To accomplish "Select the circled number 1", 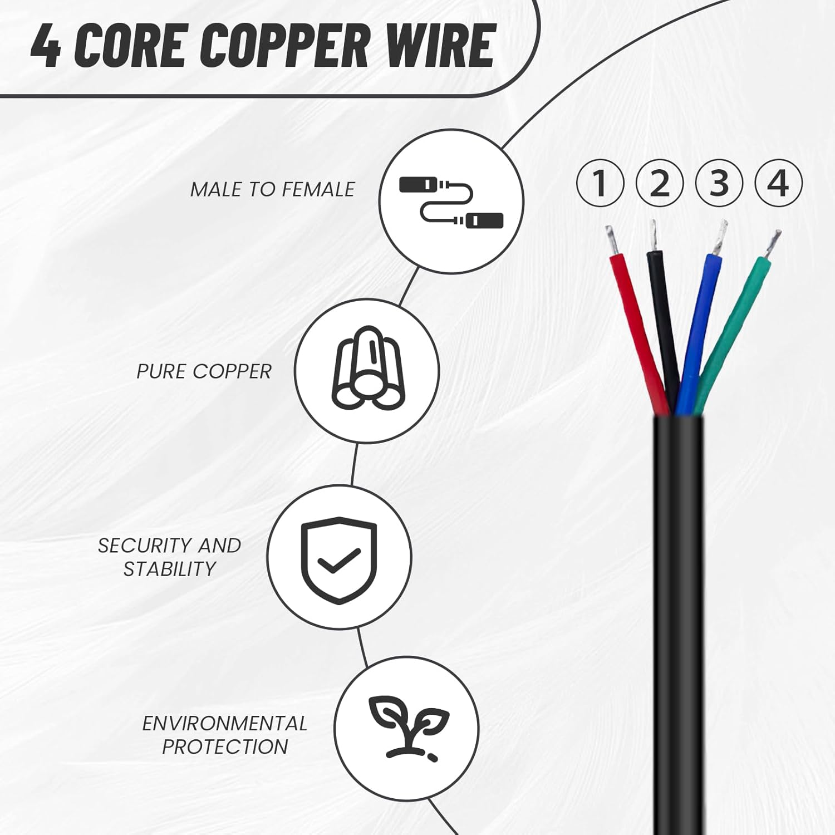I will click(x=600, y=183).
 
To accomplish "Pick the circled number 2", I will click(x=659, y=183).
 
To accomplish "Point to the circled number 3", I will click(x=719, y=183).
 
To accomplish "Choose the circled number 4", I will click(x=778, y=183).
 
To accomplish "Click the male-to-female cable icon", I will click(x=451, y=202).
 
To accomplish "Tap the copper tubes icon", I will click(x=367, y=369).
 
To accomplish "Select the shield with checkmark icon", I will click(x=338, y=559).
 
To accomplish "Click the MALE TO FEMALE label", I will click(x=272, y=190).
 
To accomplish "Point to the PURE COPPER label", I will click(x=204, y=372).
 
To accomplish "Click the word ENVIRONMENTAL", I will click(x=224, y=723).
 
